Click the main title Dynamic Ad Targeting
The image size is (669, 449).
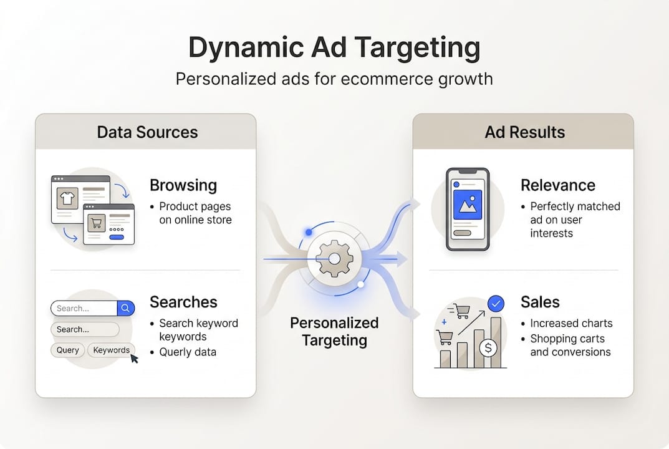point(334,48)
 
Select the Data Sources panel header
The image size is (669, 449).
point(147,132)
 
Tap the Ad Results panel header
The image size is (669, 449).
point(524,132)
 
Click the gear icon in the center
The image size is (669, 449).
point(334,259)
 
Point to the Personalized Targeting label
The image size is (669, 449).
point(334,331)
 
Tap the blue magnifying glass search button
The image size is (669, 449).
point(126,308)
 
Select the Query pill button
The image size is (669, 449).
point(67,350)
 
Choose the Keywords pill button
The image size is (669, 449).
point(111,350)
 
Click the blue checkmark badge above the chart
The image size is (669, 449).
point(496,304)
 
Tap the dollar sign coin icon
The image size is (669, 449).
point(489,347)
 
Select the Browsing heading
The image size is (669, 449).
point(183,185)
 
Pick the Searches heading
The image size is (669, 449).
point(183,302)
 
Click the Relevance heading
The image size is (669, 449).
point(557,185)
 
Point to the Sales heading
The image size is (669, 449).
point(540,302)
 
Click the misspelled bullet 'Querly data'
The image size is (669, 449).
point(187,352)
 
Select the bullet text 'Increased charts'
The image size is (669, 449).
point(571,323)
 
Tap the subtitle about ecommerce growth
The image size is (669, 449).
point(334,79)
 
